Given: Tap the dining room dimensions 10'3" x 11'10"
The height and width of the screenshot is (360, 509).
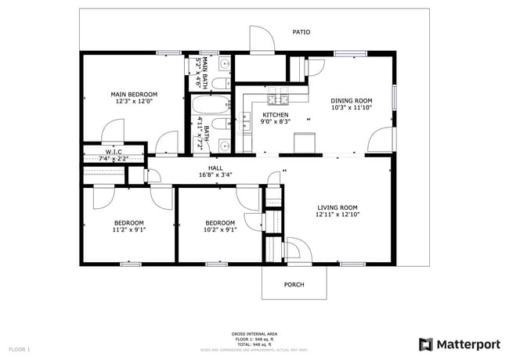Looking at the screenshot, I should [x=351, y=108].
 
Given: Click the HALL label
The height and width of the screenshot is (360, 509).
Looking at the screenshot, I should [x=215, y=167].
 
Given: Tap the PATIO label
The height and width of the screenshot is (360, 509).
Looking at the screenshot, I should [x=301, y=32].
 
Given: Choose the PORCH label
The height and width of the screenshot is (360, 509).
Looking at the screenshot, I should [x=294, y=285].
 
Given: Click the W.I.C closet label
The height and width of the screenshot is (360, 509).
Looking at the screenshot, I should [x=114, y=151].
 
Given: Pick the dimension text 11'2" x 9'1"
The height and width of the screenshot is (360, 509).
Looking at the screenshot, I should [x=129, y=230].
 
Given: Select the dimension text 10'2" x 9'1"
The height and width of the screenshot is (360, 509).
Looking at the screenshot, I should [x=220, y=230].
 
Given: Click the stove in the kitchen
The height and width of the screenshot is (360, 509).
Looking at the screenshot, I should [x=278, y=99].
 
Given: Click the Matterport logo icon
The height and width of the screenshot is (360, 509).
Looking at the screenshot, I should [x=426, y=344].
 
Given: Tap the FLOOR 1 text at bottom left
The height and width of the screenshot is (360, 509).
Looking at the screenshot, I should [x=20, y=348].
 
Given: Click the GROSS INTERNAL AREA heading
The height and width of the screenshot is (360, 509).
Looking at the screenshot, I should [x=254, y=334].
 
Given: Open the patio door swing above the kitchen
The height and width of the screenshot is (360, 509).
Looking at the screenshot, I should [x=260, y=41].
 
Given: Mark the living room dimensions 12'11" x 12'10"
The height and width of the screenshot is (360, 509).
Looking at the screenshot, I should [x=337, y=214].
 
